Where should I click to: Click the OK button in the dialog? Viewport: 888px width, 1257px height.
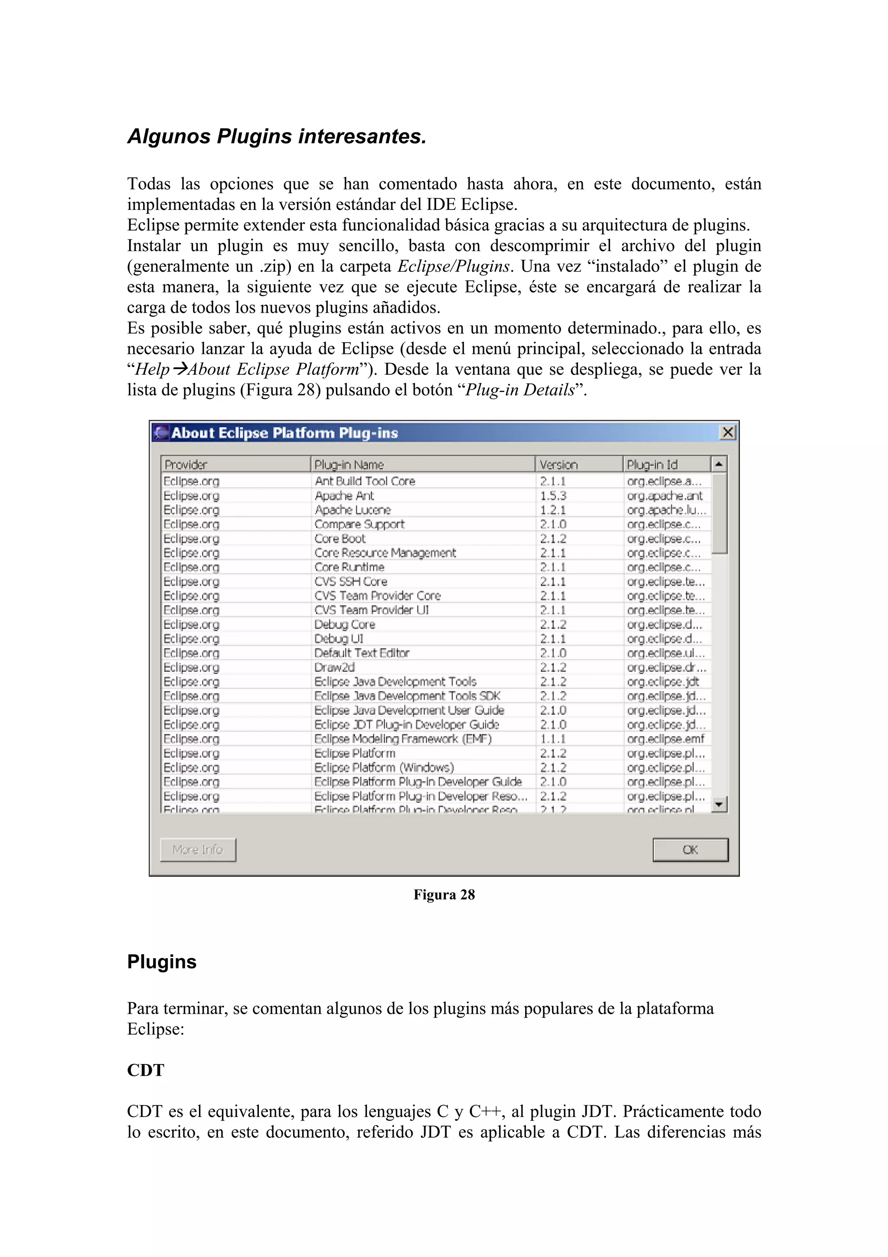click(x=690, y=850)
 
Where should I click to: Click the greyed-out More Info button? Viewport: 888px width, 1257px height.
click(x=198, y=850)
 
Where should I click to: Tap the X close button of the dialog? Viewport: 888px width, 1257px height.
click(x=727, y=432)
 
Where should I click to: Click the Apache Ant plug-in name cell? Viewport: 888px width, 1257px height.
click(x=344, y=495)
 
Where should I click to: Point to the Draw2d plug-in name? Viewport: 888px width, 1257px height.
click(x=334, y=668)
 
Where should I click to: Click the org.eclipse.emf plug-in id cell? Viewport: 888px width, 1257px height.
click(x=665, y=739)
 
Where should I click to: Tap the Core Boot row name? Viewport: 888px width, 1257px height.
click(x=340, y=538)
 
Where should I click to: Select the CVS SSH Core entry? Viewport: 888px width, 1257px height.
click(x=351, y=581)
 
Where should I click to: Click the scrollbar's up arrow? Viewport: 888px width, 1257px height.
click(x=719, y=464)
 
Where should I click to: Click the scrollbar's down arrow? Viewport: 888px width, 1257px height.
click(x=719, y=804)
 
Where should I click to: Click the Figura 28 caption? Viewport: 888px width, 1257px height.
click(x=444, y=894)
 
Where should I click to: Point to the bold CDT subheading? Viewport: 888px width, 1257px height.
click(x=146, y=1070)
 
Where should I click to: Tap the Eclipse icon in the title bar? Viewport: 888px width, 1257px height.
click(x=161, y=432)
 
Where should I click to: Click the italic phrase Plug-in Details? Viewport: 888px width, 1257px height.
click(x=520, y=390)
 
